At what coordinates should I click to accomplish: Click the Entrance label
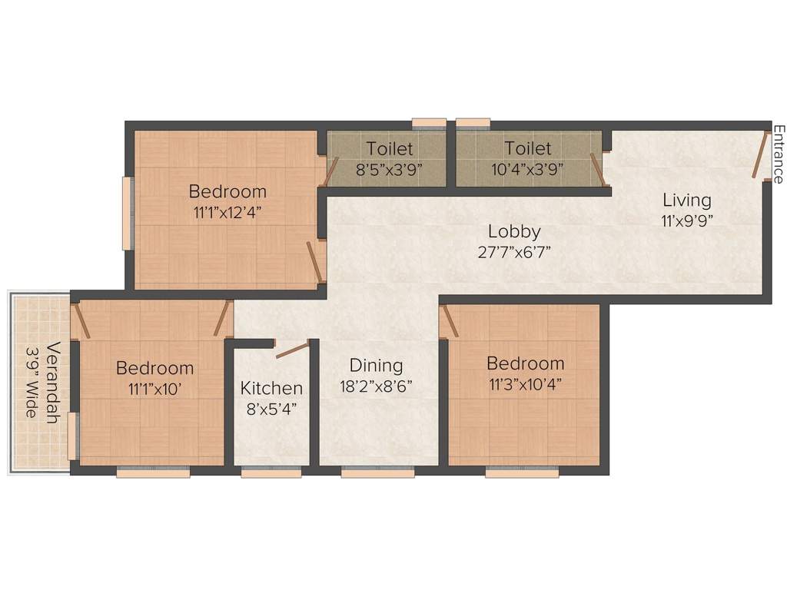coord(778,154)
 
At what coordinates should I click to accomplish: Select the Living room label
coord(687,201)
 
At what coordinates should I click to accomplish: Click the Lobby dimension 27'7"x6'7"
coord(514,251)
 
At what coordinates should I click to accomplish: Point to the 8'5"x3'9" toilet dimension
coord(389,169)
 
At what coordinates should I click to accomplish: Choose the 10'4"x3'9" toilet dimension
coord(527,169)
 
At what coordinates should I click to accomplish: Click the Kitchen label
coord(271,388)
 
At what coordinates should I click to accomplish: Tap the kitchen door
coord(292,350)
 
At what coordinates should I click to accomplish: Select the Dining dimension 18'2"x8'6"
coord(376,386)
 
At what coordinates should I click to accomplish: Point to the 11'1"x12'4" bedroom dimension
coord(227,212)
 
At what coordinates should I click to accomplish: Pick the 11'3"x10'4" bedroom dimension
coord(525,384)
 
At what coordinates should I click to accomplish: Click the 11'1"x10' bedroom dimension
coord(154,389)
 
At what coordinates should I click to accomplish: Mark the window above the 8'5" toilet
coord(429,121)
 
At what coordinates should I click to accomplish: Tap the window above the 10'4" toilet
coord(473,121)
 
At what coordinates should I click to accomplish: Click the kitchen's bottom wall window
coord(271,473)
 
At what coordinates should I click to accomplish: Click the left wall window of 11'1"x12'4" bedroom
coord(128,213)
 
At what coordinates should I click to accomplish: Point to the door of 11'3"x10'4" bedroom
coord(450,321)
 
